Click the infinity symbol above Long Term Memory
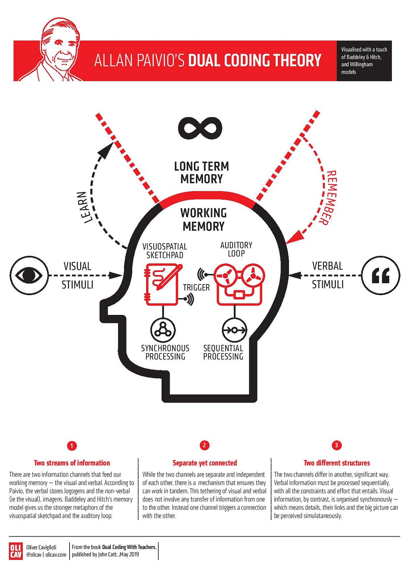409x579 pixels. pyautogui.click(x=200, y=128)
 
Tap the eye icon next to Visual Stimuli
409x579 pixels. pyautogui.click(x=29, y=275)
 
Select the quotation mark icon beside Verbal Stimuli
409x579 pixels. pyautogui.click(x=380, y=275)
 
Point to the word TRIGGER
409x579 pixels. pyautogui.click(x=196, y=288)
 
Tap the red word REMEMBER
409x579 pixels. pyautogui.click(x=328, y=198)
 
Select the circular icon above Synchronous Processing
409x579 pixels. pyautogui.click(x=163, y=330)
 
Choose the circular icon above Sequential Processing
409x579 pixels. pyautogui.click(x=234, y=330)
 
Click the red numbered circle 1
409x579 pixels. pyautogui.click(x=72, y=446)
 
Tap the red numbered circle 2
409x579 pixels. pyautogui.click(x=204, y=445)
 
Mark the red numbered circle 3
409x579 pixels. pyautogui.click(x=336, y=445)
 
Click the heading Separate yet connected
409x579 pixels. pyautogui.click(x=204, y=463)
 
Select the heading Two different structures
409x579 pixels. pyautogui.click(x=336, y=463)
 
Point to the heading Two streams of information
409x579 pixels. pyautogui.click(x=72, y=463)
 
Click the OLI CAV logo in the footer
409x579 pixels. pyautogui.click(x=16, y=551)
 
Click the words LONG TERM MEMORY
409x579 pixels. pyautogui.click(x=201, y=173)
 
